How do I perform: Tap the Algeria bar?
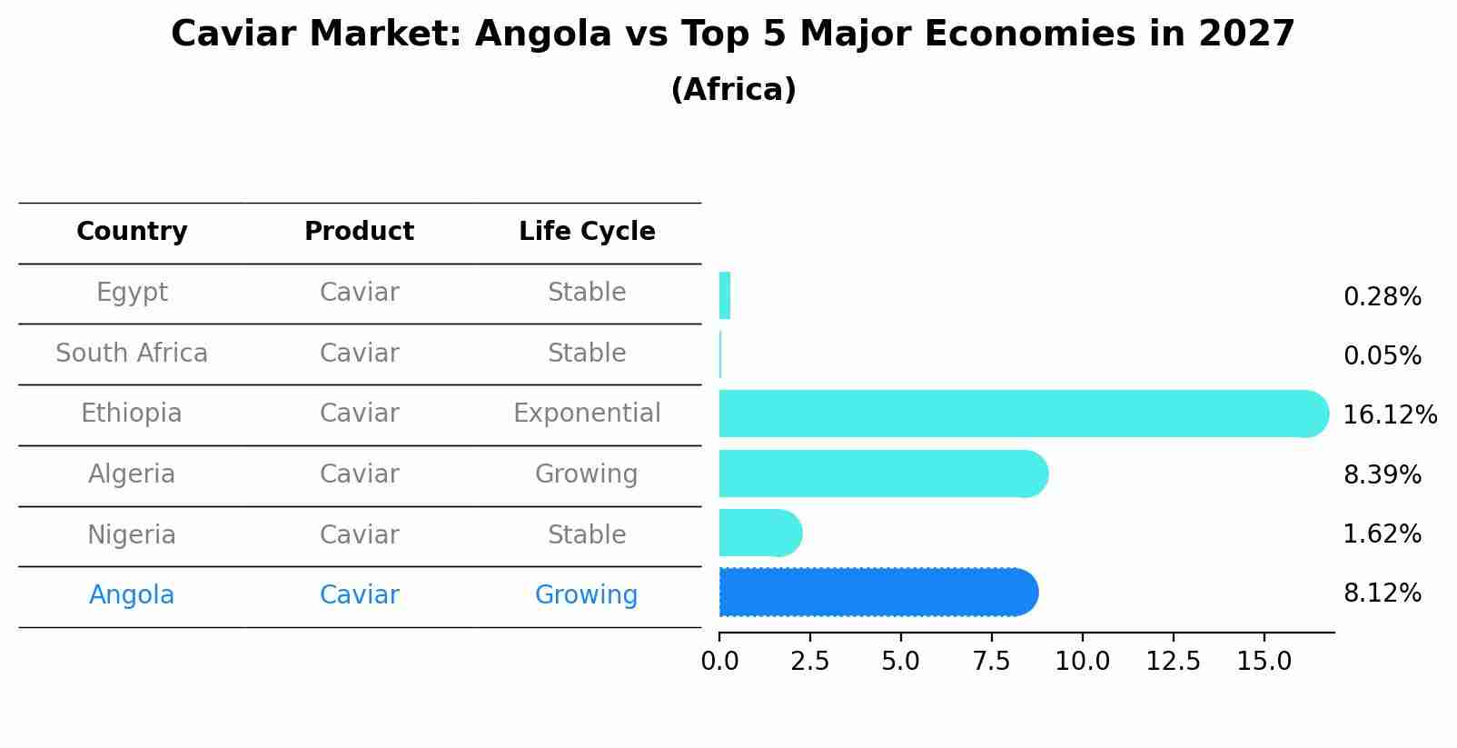click(881, 474)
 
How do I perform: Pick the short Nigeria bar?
click(759, 533)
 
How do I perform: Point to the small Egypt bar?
click(725, 295)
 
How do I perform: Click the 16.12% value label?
click(1389, 415)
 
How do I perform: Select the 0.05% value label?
click(1382, 356)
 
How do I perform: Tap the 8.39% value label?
click(1382, 474)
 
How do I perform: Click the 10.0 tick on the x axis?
click(1082, 662)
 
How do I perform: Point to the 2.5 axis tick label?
click(809, 662)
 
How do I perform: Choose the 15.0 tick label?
click(1264, 662)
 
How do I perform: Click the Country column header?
click(132, 232)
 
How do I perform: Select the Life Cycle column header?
click(587, 232)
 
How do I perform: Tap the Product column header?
click(359, 232)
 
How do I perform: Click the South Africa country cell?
click(132, 353)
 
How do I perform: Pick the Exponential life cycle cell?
click(587, 414)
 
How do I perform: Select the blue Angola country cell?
click(132, 595)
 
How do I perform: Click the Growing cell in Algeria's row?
click(587, 474)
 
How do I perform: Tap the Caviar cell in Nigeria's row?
click(359, 534)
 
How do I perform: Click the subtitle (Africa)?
click(733, 90)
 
